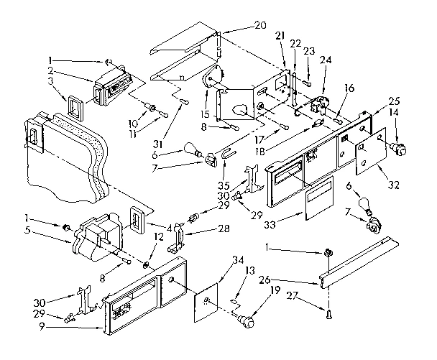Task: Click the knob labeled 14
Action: pos(396,148)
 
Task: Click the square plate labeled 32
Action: pos(373,154)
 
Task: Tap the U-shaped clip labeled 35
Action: pos(227,154)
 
